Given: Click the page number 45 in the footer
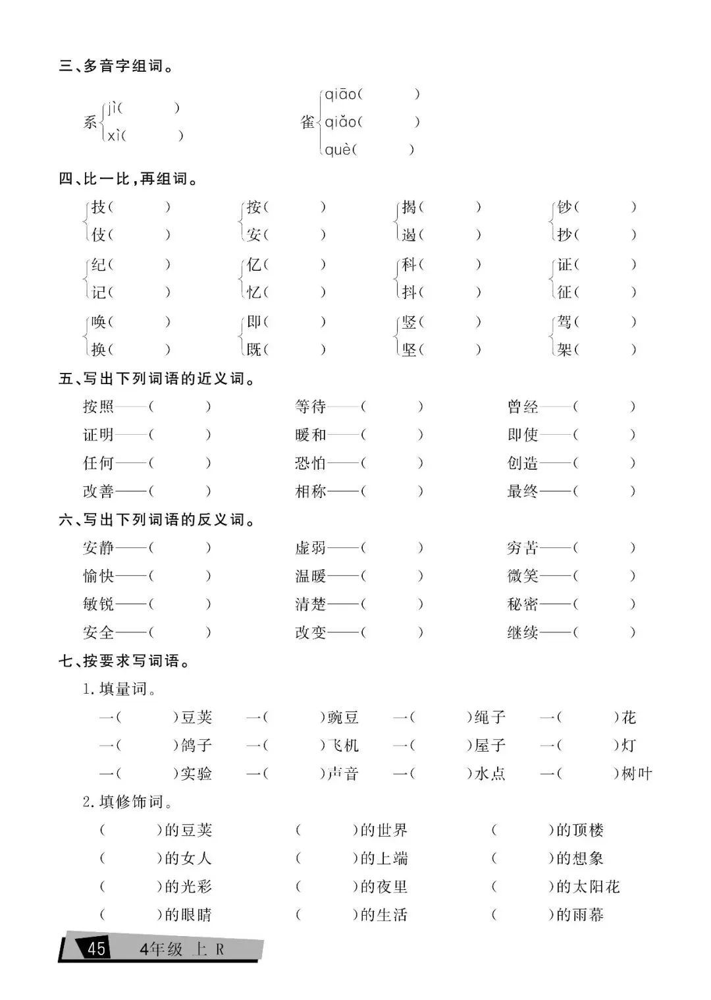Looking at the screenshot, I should point(96,949).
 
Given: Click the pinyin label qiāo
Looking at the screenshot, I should point(340,95).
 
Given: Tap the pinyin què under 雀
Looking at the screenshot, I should point(338,150).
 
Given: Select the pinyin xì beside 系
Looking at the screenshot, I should point(115,136).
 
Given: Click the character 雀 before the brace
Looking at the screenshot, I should point(307,122).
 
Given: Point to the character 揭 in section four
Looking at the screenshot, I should point(409,208).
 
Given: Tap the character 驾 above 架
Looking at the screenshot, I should point(564,322).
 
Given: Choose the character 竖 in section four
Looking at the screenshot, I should point(409,322).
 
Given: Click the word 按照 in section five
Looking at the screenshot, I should point(99,406).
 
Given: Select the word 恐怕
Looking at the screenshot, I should point(311,463).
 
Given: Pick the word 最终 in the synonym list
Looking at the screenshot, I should point(523,491).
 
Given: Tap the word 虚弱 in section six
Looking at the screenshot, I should point(311,548).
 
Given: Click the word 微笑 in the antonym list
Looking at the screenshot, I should point(523,576).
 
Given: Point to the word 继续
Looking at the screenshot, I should point(523,633).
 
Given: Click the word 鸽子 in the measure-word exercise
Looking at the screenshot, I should point(196,746).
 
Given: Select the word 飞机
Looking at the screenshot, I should point(343,746).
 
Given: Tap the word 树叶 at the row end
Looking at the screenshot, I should point(637,774).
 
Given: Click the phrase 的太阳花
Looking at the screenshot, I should point(588,887).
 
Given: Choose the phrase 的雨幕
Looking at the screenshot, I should point(579,915).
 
